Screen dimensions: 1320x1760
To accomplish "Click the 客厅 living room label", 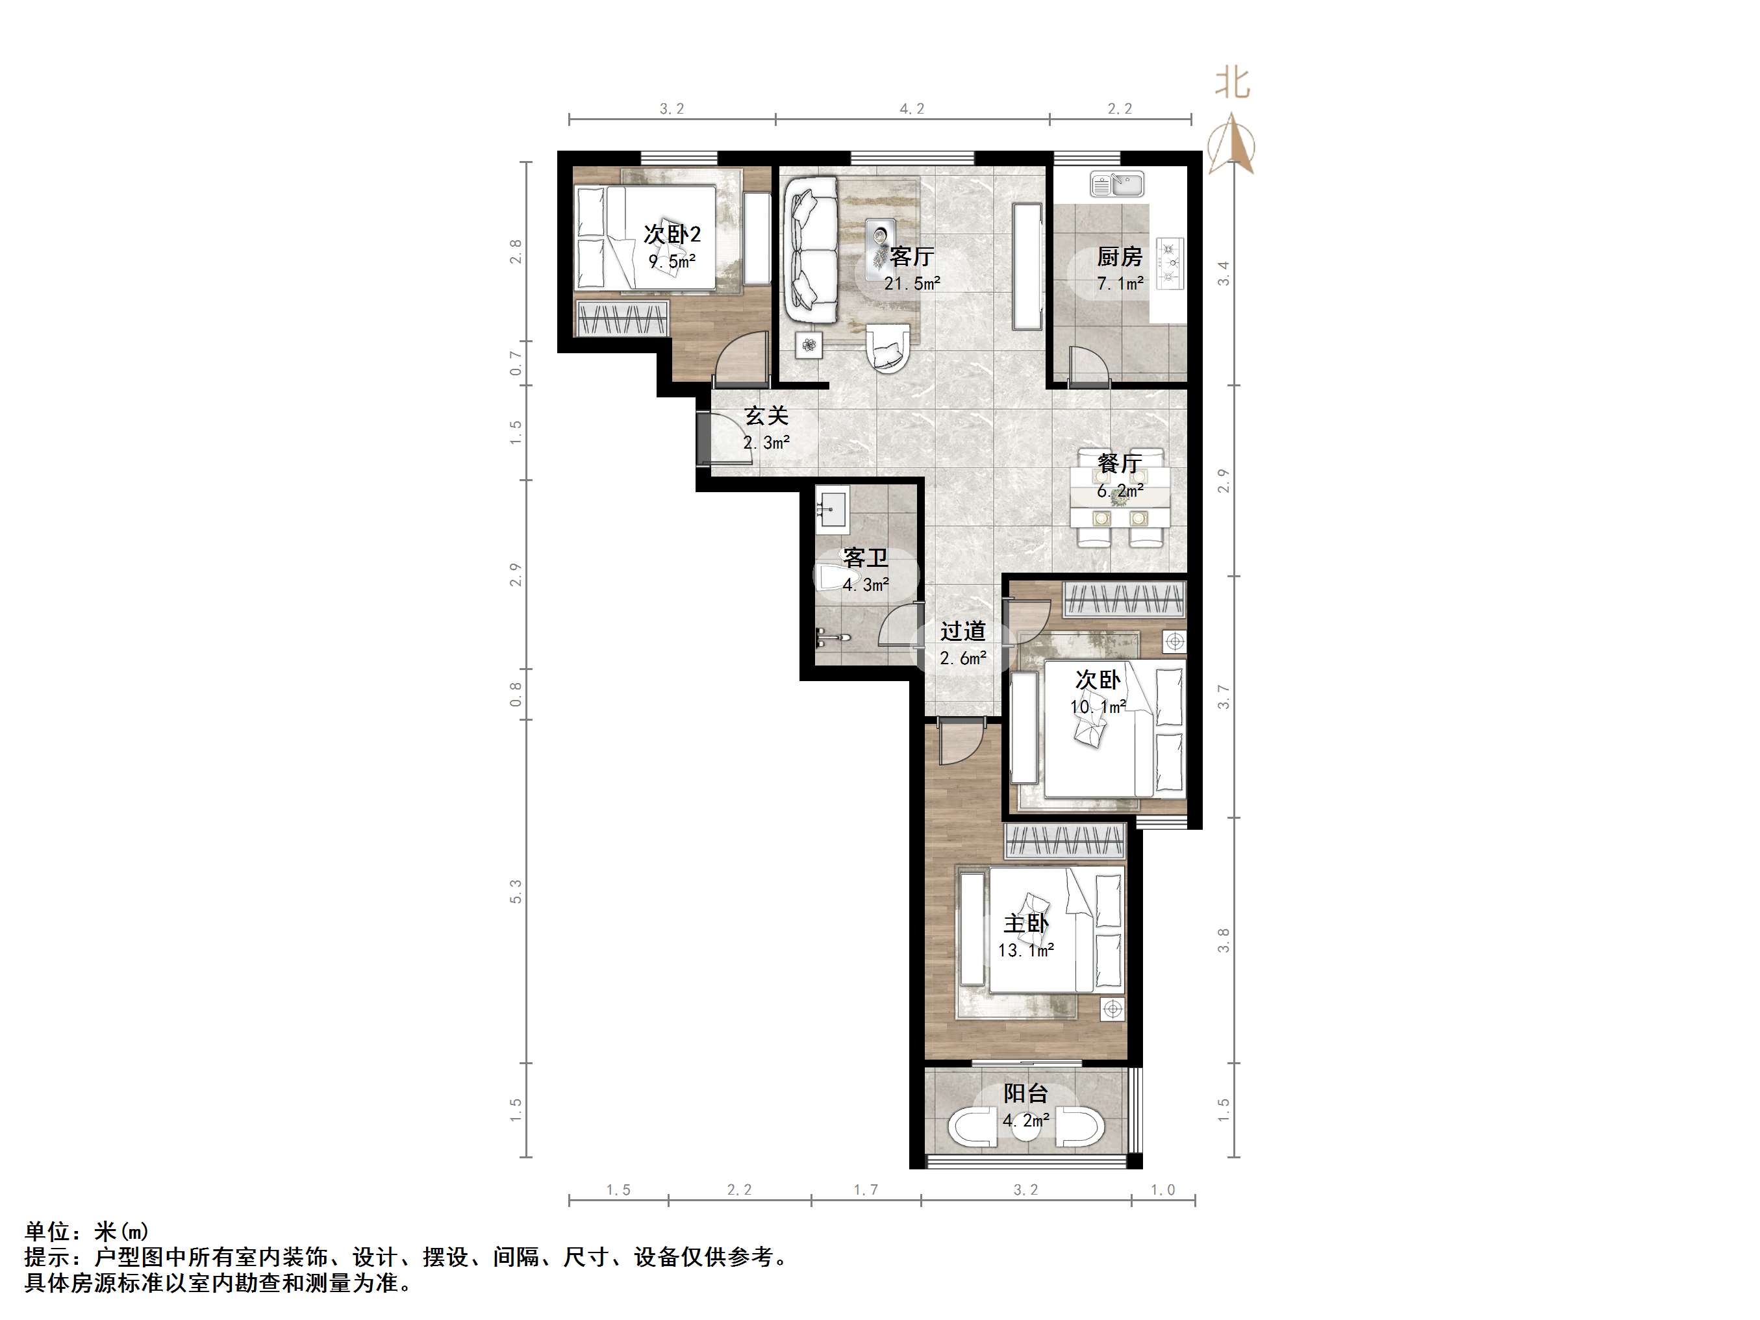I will (912, 256).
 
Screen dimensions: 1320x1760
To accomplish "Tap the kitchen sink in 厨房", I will (1116, 184).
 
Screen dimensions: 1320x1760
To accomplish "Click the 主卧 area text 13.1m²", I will (1025, 950).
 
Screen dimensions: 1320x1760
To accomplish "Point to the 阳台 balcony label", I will (1025, 1093).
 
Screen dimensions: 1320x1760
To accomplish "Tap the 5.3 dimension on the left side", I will (516, 891).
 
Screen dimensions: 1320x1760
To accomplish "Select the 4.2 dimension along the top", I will (912, 109).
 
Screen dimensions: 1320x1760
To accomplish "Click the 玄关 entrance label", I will (766, 416).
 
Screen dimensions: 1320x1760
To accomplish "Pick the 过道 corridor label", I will (962, 631).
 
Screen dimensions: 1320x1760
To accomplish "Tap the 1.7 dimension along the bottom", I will (866, 1190).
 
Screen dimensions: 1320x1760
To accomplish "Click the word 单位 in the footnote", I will (48, 1232).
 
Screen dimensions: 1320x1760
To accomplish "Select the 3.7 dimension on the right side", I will (1224, 696).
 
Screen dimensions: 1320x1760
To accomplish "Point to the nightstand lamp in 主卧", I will (1112, 1010).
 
